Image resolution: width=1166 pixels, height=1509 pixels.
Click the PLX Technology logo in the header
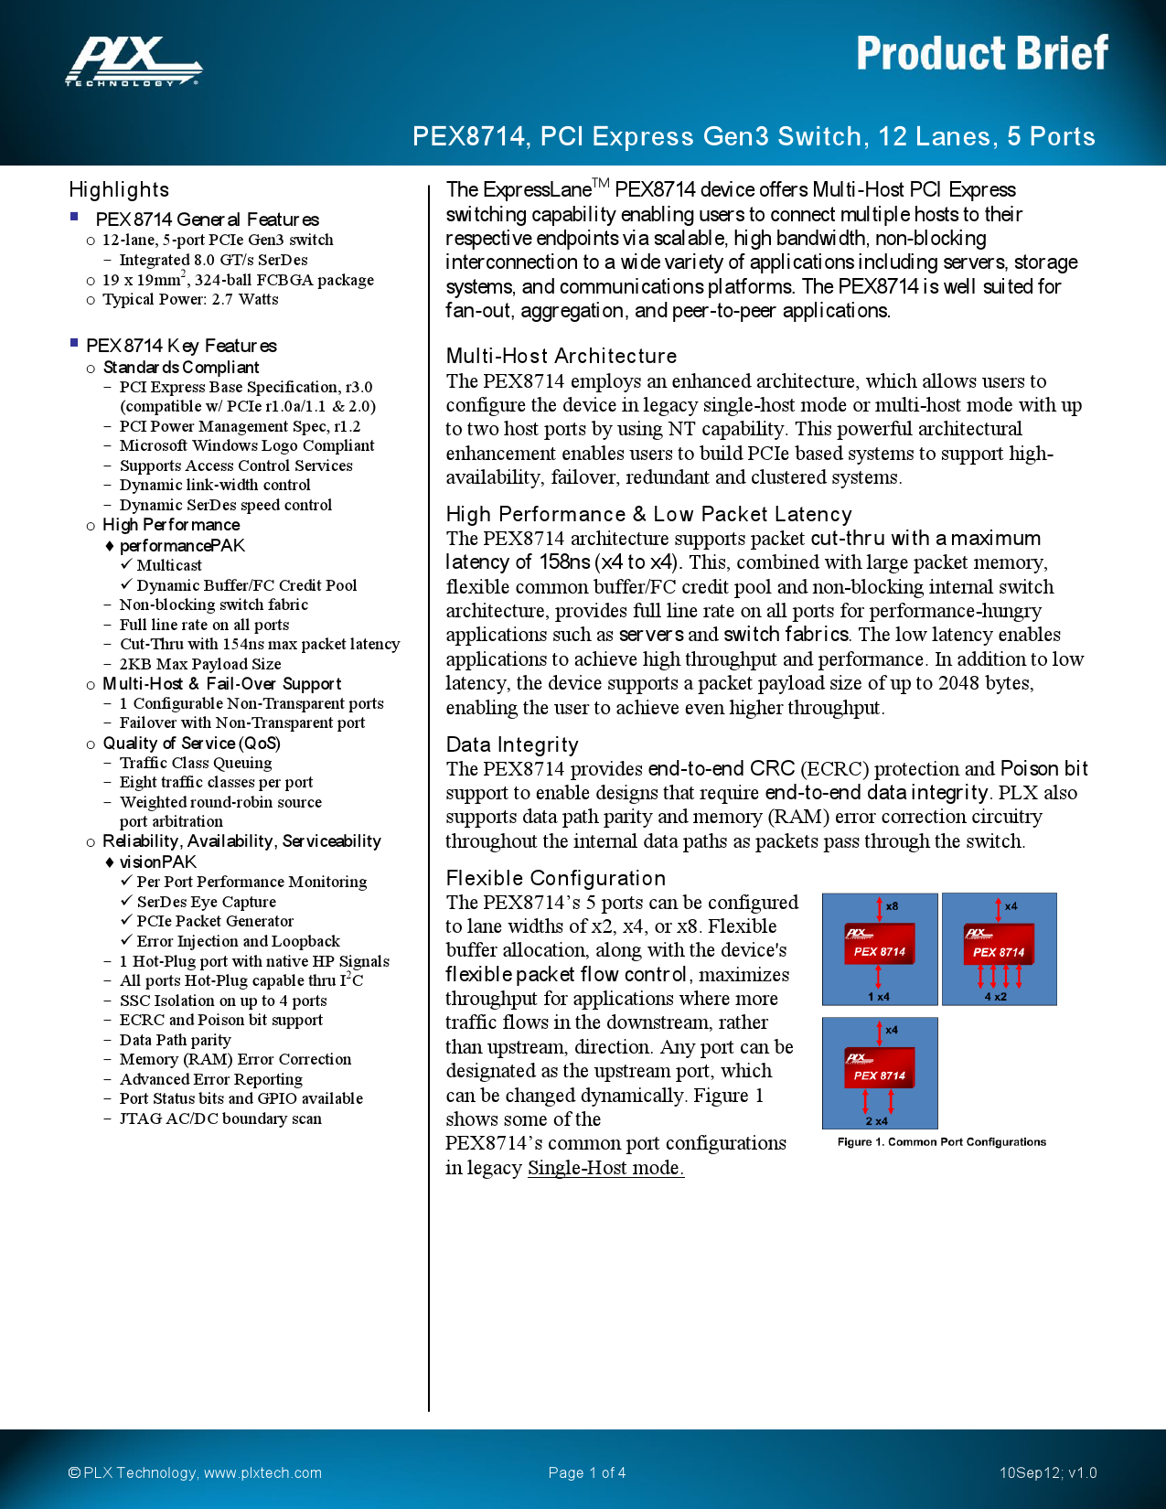(134, 61)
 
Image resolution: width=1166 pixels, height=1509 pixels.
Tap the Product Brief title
(981, 53)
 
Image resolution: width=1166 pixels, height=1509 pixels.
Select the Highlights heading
(119, 189)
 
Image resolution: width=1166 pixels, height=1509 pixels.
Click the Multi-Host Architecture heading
(562, 356)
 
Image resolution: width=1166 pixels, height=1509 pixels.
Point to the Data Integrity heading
(512, 744)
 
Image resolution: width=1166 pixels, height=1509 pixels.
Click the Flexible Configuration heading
(556, 878)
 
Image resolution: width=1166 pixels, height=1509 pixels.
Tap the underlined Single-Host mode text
(605, 1168)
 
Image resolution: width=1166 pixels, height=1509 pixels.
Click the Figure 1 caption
(941, 1142)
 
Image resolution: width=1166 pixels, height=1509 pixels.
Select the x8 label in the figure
(892, 906)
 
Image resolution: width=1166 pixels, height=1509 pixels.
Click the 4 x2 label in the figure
(995, 997)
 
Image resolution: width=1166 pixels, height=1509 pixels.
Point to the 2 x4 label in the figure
(876, 1121)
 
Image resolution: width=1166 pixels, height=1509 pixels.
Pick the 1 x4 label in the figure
(878, 997)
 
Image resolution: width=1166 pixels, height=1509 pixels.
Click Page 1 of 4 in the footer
(587, 1472)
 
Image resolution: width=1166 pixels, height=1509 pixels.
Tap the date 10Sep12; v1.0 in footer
(1047, 1472)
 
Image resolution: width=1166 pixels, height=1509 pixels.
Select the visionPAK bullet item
(158, 862)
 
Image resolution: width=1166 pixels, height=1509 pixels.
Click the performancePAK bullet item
(182, 545)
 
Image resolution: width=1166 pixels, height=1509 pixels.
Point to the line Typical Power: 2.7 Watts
(190, 299)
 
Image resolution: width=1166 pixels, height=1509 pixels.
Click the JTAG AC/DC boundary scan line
(220, 1118)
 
